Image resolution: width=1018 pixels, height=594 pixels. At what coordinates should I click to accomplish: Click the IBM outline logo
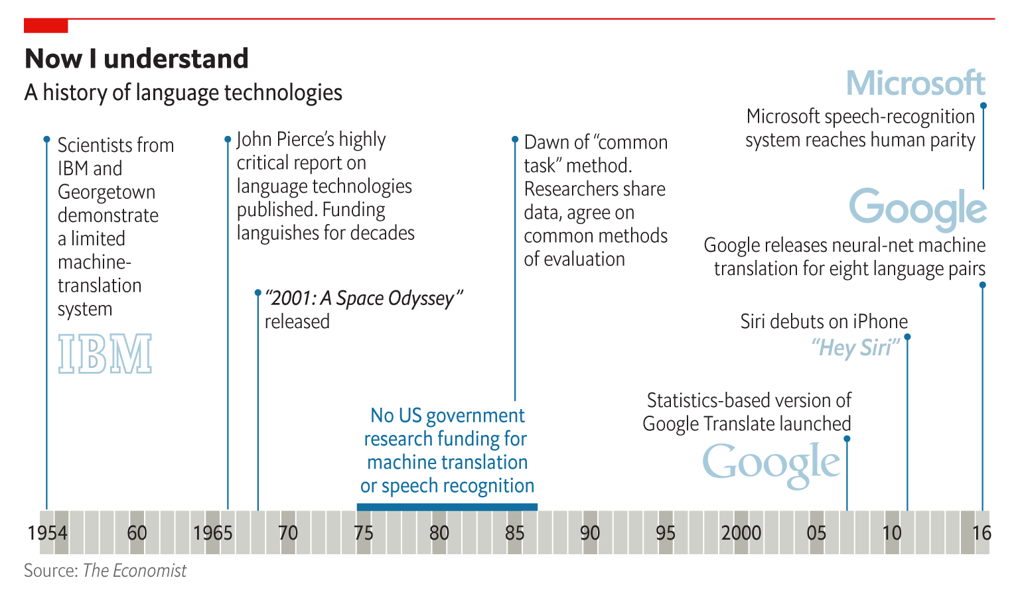click(x=105, y=354)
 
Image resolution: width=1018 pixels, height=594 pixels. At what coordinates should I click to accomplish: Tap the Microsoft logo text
click(x=915, y=84)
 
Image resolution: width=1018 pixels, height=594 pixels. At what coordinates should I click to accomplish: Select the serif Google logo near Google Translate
click(x=771, y=463)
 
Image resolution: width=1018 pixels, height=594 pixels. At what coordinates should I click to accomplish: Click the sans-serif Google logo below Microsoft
click(x=918, y=208)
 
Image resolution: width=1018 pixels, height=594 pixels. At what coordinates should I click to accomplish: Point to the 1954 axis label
click(x=47, y=533)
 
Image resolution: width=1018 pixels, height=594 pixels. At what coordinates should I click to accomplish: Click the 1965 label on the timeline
click(x=212, y=533)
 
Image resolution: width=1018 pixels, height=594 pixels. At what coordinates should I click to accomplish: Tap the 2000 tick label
click(x=741, y=533)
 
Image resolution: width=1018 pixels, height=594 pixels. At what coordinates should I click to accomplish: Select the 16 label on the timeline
click(x=982, y=533)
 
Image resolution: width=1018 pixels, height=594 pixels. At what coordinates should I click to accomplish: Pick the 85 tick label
click(x=514, y=533)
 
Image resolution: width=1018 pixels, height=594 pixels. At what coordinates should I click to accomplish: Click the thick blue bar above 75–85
click(x=447, y=507)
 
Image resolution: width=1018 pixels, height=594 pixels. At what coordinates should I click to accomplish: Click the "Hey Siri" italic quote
click(x=855, y=347)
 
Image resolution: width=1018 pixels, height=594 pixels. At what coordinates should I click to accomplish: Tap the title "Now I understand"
click(x=137, y=58)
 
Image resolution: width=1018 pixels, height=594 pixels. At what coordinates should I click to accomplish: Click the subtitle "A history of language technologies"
click(x=183, y=92)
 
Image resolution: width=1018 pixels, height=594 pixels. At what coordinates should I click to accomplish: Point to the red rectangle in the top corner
click(x=46, y=26)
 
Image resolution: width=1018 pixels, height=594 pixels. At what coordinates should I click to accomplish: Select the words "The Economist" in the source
click(x=135, y=571)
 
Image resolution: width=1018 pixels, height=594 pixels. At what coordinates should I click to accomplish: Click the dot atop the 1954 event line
click(x=46, y=139)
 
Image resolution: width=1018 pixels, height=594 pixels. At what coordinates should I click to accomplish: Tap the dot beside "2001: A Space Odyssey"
click(x=258, y=292)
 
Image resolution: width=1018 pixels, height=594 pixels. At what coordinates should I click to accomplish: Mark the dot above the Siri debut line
click(x=907, y=337)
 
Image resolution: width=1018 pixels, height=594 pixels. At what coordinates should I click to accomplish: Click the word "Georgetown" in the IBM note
click(x=106, y=192)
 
